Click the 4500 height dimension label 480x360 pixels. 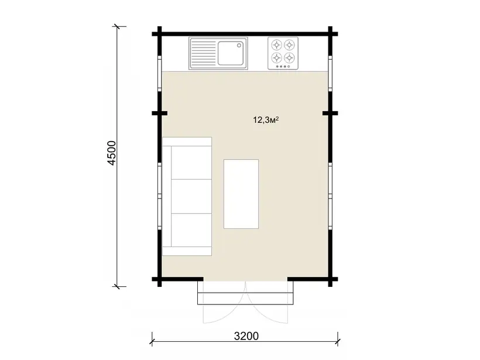[x=112, y=153]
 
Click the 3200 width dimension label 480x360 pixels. [x=246, y=336]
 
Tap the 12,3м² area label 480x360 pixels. [x=266, y=119]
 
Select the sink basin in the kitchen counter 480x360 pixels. [x=231, y=53]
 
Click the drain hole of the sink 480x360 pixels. [x=239, y=46]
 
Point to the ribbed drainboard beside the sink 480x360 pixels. [x=204, y=53]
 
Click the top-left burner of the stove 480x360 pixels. [x=277, y=45]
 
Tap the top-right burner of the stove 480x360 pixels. [x=289, y=45]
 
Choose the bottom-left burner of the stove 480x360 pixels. [x=277, y=57]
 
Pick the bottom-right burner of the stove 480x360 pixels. [x=289, y=57]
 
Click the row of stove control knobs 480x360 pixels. [x=283, y=66]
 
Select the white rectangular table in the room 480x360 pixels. [x=241, y=194]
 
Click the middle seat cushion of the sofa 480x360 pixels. [x=191, y=196]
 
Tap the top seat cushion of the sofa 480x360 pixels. [x=191, y=163]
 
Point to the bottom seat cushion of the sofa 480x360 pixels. [x=191, y=230]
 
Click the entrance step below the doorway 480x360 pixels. [x=245, y=298]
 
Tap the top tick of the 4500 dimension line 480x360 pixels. [x=116, y=26]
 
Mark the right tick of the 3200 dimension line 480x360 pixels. [x=338, y=340]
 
